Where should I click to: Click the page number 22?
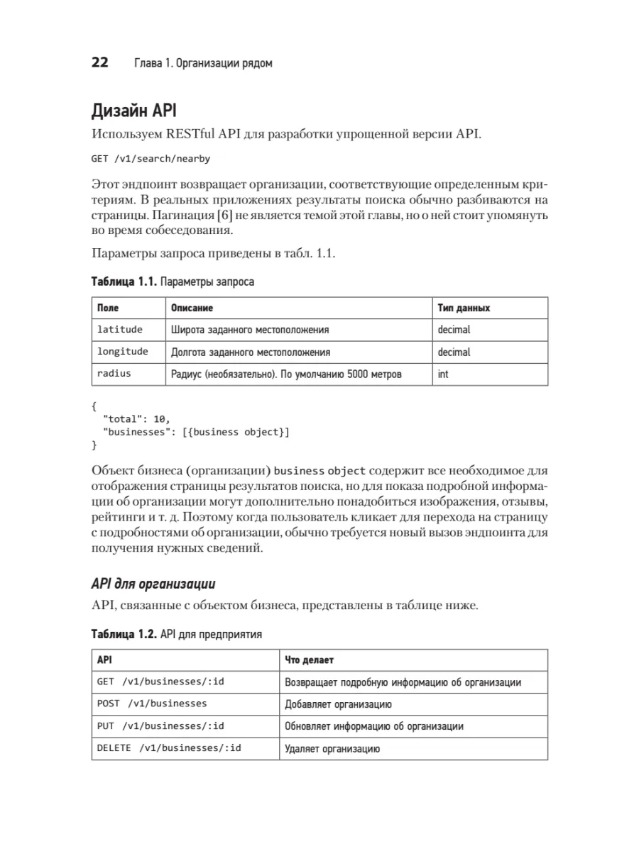pos(99,62)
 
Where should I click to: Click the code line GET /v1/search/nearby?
pos(151,159)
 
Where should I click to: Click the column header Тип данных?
pos(464,308)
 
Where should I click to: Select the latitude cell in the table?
pos(120,329)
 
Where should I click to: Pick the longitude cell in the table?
pos(123,352)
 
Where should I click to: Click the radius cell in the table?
pos(114,373)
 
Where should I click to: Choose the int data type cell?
pos(443,374)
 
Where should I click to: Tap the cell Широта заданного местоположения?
pos(250,330)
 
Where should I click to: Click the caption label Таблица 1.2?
pos(124,634)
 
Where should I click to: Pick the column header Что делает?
pos(309,660)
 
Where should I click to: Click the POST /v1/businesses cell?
pos(152,703)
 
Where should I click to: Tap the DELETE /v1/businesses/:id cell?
pos(169,747)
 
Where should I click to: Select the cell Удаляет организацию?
pos(332,748)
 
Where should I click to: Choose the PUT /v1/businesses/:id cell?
pos(160,725)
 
